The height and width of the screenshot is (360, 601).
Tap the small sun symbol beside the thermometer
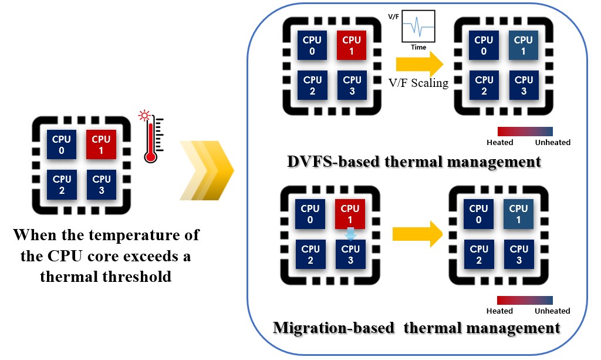[144, 116]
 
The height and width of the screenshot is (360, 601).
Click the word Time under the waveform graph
[418, 47]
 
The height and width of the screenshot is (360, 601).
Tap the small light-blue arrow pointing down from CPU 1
[350, 234]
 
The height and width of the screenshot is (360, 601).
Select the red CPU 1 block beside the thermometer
[102, 144]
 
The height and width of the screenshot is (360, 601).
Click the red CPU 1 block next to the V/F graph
[352, 46]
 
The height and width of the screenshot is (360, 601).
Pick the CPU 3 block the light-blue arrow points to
[350, 254]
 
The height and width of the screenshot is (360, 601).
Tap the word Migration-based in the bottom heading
[333, 328]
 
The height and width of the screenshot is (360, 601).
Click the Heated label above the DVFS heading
[500, 142]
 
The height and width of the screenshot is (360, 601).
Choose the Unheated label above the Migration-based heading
[552, 311]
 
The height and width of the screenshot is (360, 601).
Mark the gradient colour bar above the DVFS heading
[525, 131]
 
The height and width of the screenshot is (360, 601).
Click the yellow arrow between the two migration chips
[417, 234]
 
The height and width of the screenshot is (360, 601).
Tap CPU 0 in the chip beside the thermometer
[62, 144]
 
